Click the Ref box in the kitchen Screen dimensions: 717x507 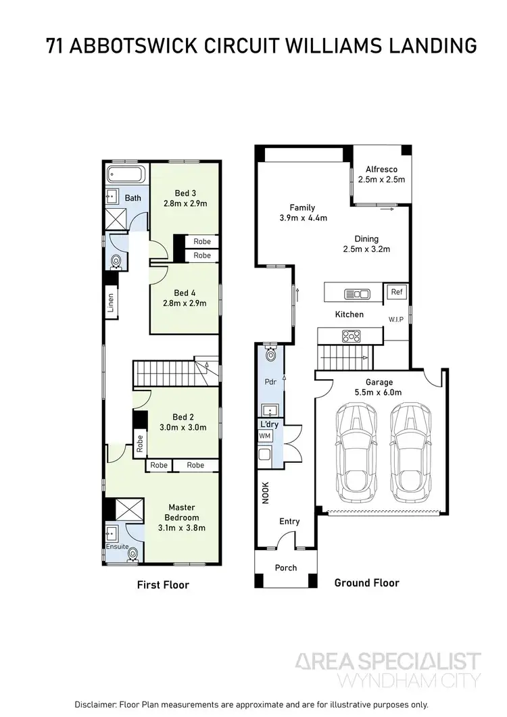(x=395, y=292)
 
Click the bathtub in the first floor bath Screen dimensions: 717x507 (x=125, y=176)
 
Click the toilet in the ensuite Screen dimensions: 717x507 (x=133, y=554)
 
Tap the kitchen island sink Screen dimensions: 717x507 (x=357, y=293)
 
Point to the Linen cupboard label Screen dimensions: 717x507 (x=110, y=301)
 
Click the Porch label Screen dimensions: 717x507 (x=285, y=568)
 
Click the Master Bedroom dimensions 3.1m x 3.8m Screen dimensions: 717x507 (x=181, y=528)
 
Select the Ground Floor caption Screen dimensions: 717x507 (x=366, y=583)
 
